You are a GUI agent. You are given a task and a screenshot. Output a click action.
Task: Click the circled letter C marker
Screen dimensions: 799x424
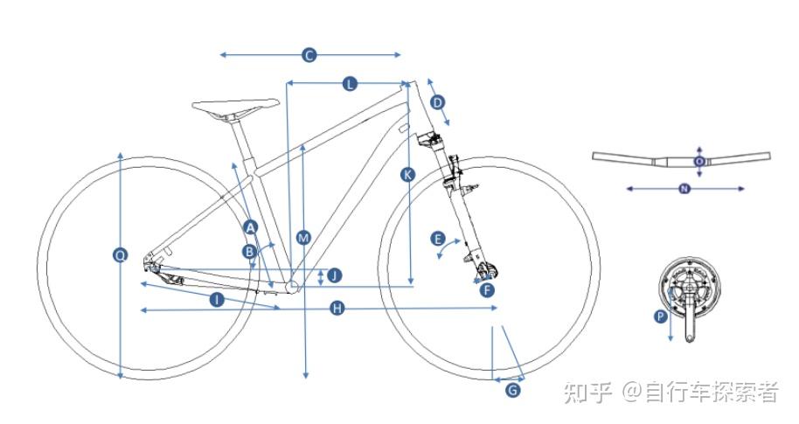[309, 55]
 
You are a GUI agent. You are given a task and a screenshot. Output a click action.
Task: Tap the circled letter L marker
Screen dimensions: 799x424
[350, 84]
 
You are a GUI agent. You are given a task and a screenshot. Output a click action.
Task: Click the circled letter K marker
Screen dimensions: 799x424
[407, 174]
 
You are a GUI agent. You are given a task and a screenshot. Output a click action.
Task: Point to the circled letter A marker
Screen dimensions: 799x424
[250, 227]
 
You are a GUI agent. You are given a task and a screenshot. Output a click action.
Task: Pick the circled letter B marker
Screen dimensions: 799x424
[249, 252]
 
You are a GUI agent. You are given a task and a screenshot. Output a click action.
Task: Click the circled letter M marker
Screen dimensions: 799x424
[303, 238]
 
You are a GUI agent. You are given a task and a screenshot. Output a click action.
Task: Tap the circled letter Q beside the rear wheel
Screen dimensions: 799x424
[121, 255]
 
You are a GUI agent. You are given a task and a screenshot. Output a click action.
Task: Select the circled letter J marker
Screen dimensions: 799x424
[334, 275]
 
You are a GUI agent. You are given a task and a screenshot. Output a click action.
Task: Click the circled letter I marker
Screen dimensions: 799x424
[217, 299]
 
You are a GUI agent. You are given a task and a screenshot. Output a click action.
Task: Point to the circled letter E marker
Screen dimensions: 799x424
[438, 239]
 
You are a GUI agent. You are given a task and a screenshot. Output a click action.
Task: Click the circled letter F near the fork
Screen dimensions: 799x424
[488, 289]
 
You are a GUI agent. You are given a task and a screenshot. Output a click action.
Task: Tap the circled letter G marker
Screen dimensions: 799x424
[513, 390]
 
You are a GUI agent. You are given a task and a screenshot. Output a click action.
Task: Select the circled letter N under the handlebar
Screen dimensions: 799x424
[684, 189]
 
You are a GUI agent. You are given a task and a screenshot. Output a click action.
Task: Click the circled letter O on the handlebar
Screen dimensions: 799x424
[698, 162]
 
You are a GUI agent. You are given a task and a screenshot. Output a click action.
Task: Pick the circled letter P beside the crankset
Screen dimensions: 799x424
[661, 317]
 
